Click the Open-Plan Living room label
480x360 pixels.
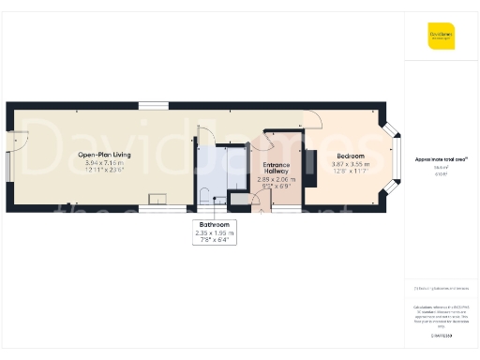[103, 154]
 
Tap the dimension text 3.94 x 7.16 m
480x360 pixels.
[103, 162]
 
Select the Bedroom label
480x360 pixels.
[352, 154]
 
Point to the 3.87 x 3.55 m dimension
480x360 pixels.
[352, 162]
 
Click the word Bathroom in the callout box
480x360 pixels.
[216, 223]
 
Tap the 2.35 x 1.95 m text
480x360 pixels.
[216, 232]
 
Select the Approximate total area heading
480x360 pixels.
[441, 159]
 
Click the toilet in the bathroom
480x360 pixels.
[204, 195]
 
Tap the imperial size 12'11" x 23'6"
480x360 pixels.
[103, 171]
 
